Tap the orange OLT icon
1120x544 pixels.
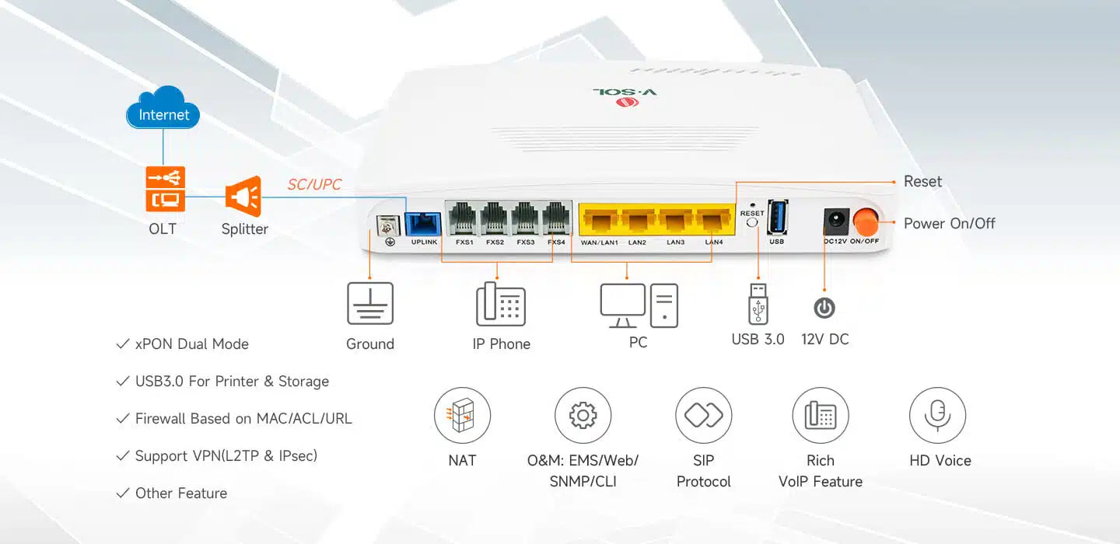165,190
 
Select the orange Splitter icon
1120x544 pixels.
243,196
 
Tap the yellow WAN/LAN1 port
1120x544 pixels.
599,221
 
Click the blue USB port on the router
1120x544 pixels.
777,218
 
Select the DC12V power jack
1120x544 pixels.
835,221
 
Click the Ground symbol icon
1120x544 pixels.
370,303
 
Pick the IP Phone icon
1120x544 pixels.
501,304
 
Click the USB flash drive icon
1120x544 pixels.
758,303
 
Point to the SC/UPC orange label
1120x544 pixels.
314,185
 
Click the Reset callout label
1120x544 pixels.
922,182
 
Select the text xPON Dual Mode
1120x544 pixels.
191,344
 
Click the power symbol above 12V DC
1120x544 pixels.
824,309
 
